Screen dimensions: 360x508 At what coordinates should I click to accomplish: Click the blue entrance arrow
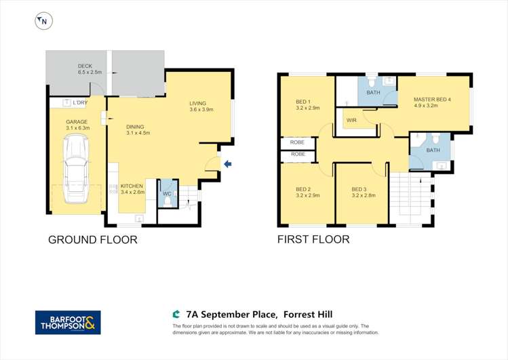click(x=228, y=163)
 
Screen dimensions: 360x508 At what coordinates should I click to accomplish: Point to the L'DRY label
click(x=80, y=103)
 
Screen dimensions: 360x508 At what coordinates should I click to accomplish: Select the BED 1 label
click(x=303, y=102)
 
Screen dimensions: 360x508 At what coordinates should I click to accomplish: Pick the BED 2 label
click(x=303, y=188)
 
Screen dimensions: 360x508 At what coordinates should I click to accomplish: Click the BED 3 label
click(x=359, y=188)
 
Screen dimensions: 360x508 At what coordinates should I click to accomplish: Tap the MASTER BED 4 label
click(x=432, y=99)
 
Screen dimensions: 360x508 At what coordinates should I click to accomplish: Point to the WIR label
click(x=351, y=120)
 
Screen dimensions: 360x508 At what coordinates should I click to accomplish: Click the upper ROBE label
click(x=297, y=142)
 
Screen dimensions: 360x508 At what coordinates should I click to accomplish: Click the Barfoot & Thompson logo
click(x=68, y=322)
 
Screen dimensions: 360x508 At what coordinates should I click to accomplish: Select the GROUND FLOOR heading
click(x=92, y=239)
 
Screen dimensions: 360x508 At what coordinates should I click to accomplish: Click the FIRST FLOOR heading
click(x=313, y=239)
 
